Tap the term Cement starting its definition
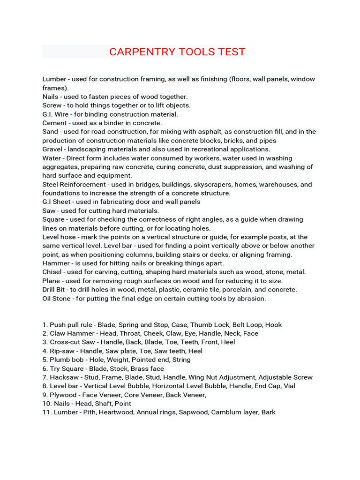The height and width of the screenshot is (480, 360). point(55,123)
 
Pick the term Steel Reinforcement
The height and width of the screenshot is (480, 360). point(74,184)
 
